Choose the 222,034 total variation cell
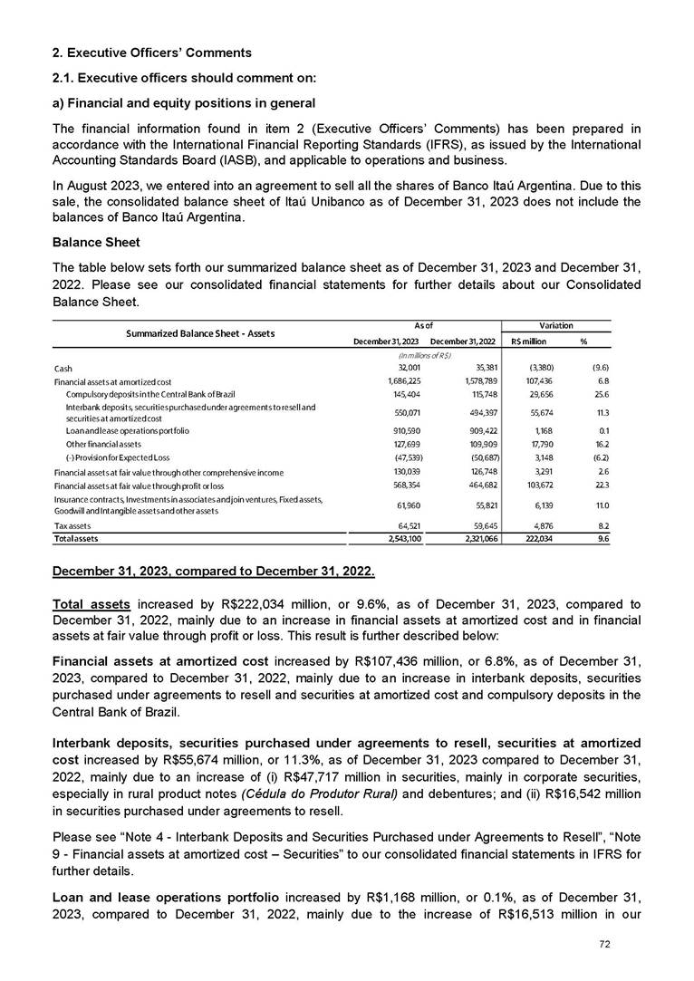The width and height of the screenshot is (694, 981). [531, 538]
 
